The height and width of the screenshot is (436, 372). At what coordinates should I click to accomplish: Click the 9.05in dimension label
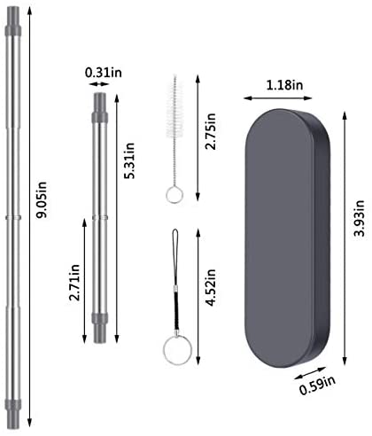pyautogui.click(x=42, y=199)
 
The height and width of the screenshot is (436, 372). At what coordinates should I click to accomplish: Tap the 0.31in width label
pyautogui.click(x=104, y=73)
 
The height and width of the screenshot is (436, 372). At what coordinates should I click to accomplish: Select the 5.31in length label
pyautogui.click(x=129, y=160)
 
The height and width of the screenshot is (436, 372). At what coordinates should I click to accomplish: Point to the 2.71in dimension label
pyautogui.click(x=74, y=283)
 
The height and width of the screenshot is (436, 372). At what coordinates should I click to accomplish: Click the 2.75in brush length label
pyautogui.click(x=211, y=131)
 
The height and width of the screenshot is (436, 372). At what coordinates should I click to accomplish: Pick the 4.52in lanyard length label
pyautogui.click(x=211, y=287)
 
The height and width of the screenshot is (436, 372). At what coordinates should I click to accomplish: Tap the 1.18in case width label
pyautogui.click(x=284, y=85)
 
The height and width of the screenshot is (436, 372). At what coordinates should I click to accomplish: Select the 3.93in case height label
pyautogui.click(x=360, y=218)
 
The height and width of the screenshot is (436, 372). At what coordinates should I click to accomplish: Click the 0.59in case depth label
pyautogui.click(x=317, y=385)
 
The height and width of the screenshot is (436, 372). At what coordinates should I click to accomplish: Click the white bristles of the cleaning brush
pyautogui.click(x=174, y=108)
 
